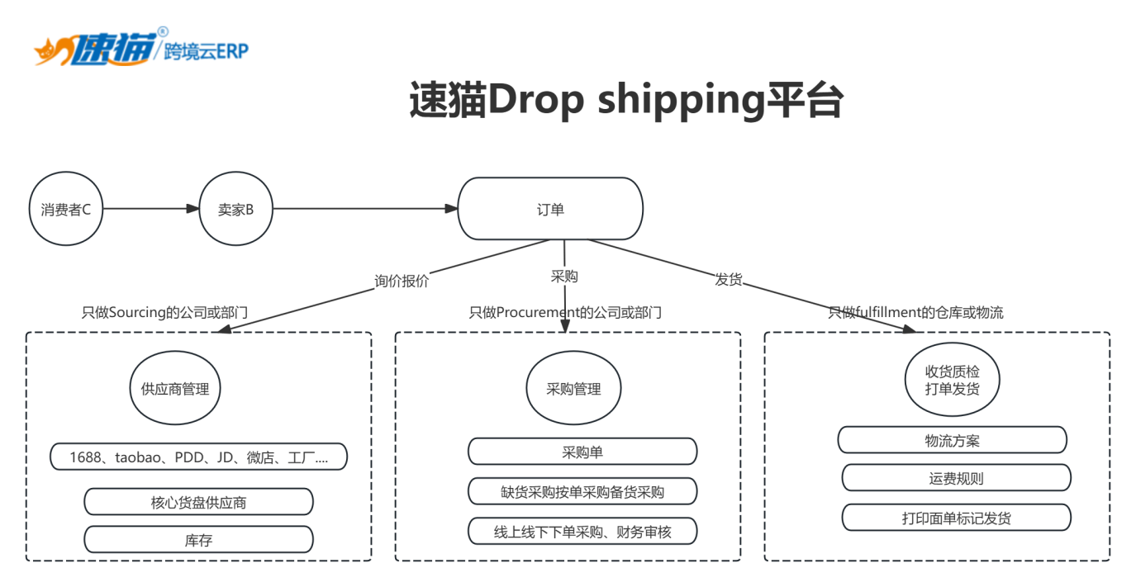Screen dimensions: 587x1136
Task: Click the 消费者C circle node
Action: pos(66,210)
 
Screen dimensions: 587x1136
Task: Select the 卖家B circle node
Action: pos(235,210)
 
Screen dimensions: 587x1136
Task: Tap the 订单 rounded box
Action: pos(550,210)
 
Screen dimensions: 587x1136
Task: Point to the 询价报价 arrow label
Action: pos(402,281)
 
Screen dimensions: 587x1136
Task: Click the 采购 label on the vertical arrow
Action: pos(564,276)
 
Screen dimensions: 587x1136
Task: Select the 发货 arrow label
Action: pos(729,280)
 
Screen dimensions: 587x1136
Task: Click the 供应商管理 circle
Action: pos(175,389)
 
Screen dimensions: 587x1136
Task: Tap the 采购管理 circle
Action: pos(573,389)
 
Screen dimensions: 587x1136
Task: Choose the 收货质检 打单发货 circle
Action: pos(953,381)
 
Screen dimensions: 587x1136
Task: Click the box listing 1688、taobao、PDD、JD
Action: pos(198,457)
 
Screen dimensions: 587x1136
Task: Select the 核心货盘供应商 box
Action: pos(198,502)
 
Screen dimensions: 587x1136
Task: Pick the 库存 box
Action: pos(198,540)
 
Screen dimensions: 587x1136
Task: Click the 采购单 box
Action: pos(582,452)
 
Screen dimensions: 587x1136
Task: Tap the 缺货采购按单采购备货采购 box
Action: pos(582,492)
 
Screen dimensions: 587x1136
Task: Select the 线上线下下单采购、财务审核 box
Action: pos(582,532)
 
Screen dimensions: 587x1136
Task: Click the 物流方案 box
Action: pos(953,440)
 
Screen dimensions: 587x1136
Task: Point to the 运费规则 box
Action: pos(956,478)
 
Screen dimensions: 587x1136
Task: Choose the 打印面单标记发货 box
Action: pos(956,518)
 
